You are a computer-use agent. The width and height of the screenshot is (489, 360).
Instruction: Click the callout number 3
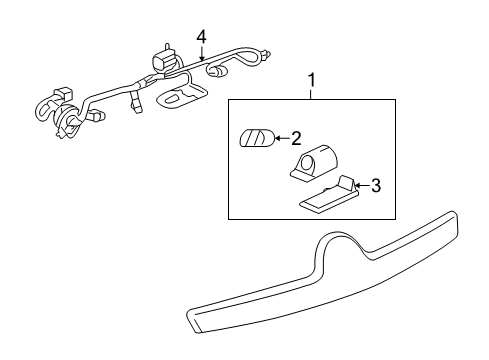click(376, 184)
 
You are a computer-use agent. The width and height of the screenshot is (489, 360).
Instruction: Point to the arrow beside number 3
click(362, 184)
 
